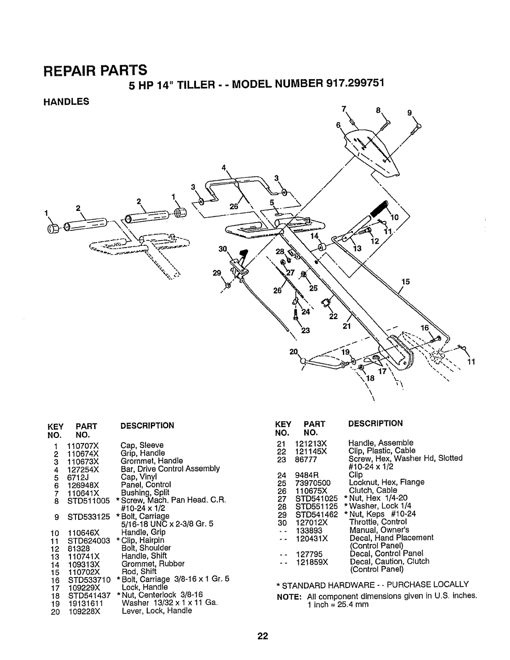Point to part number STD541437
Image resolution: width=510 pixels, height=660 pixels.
tap(89, 595)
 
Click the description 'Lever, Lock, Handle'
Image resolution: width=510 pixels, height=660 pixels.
tap(157, 610)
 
